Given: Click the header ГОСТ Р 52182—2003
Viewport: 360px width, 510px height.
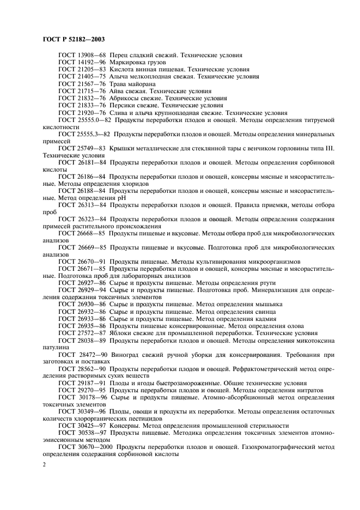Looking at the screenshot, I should pyautogui.click(x=74, y=39).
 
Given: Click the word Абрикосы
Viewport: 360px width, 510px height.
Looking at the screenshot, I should pyautogui.click(x=127, y=98).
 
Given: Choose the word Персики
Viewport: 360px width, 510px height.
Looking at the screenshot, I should pyautogui.click(x=125, y=105).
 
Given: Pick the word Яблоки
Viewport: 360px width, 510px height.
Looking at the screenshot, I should pyautogui.click(x=124, y=332).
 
